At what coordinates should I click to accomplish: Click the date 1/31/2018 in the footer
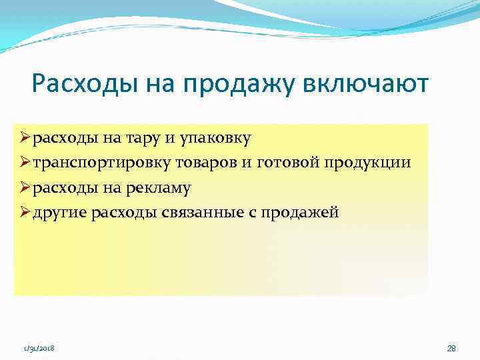click(x=39, y=349)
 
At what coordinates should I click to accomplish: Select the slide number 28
click(x=451, y=349)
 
